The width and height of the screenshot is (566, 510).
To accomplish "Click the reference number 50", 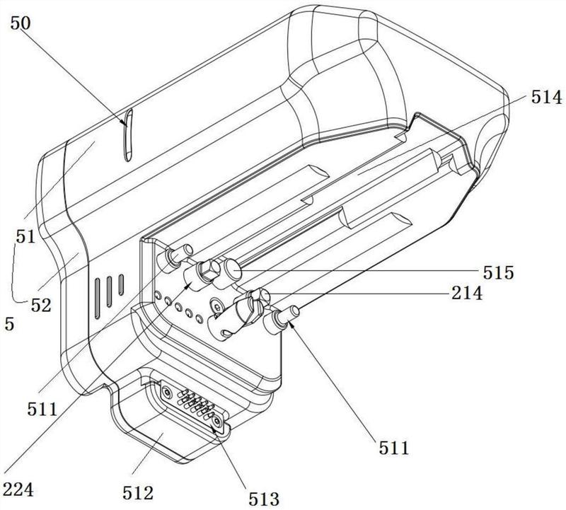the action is (x=21, y=24).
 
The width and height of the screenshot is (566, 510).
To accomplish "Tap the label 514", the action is (x=546, y=98).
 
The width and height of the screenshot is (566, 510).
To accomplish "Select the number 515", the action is (x=499, y=273).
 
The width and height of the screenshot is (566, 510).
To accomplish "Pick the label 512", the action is (x=138, y=493).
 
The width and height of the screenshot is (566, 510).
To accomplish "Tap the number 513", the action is (x=264, y=499).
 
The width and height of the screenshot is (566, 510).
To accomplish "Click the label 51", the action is (x=25, y=237).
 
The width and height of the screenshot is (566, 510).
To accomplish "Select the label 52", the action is (x=41, y=306).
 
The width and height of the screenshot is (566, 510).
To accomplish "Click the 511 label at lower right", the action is (x=394, y=448).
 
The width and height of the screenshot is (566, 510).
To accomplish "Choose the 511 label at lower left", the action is (x=42, y=410).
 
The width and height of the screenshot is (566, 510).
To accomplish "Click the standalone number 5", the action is (x=9, y=324).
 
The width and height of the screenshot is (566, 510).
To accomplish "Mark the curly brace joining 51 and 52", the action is (x=14, y=272).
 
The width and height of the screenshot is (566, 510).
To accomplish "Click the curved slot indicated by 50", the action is (x=128, y=135).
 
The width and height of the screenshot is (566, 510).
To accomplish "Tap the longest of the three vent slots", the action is (x=97, y=299).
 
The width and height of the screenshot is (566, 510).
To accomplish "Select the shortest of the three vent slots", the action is (x=121, y=284).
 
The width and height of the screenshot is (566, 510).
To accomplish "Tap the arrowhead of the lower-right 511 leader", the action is (x=291, y=326).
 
